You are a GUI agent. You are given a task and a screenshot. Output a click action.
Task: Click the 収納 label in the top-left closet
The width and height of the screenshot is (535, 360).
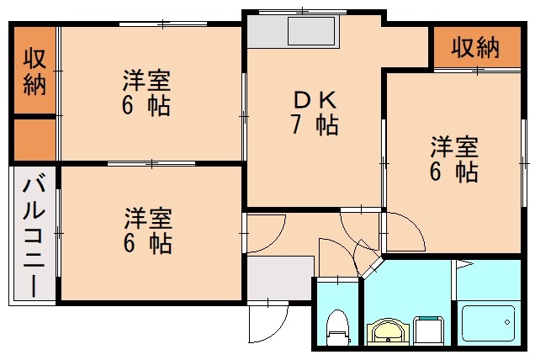(x=34, y=71)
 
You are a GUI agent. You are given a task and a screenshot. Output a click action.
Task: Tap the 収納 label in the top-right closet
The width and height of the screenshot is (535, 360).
(x=474, y=48)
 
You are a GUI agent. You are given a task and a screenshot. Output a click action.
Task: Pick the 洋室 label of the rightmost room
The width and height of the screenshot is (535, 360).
(x=454, y=147)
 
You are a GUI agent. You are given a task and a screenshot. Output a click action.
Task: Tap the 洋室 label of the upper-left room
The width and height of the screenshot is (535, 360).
(x=146, y=82)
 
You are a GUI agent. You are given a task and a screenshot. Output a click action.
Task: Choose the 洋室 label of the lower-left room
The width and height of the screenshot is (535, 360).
(x=148, y=219)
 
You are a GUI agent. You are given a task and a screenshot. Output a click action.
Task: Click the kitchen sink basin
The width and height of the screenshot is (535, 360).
(x=312, y=34)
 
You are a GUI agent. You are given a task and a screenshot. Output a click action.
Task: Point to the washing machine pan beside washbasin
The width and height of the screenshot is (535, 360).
(x=430, y=330)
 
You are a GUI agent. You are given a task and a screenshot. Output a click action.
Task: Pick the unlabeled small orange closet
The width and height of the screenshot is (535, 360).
(x=34, y=139)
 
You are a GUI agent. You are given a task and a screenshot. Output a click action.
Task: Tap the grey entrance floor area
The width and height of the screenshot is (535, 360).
(x=279, y=274)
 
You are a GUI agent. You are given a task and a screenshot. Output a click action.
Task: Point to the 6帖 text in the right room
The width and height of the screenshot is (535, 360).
(x=454, y=172)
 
